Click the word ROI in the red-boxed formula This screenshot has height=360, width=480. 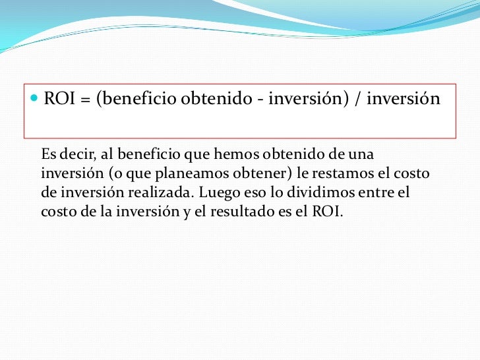coord(58,100)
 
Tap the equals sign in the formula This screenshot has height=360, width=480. coord(86,100)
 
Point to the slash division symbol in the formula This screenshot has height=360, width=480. coord(359,100)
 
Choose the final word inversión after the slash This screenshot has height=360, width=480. coord(402,100)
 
